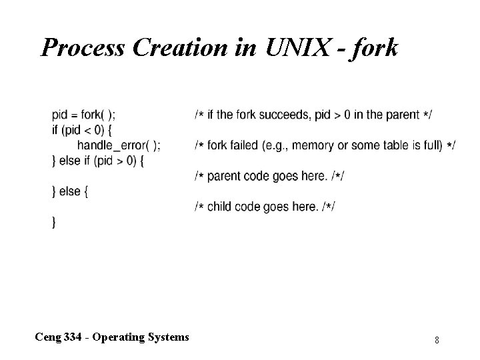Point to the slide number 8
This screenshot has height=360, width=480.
coord(437,341)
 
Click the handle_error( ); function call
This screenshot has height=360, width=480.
coord(119,145)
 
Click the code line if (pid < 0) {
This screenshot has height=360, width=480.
coord(83,130)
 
